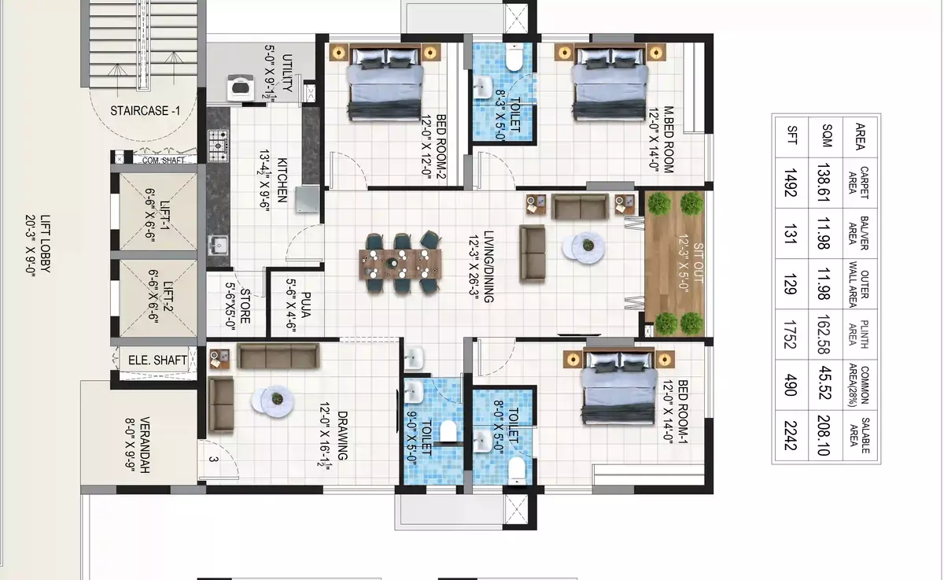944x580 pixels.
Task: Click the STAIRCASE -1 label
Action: click(145, 111)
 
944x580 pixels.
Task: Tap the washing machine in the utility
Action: click(241, 87)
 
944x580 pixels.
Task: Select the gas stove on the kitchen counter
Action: click(219, 146)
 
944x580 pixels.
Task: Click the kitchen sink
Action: click(219, 245)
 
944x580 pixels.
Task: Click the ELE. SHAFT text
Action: click(157, 360)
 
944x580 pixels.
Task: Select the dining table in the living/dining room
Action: click(400, 264)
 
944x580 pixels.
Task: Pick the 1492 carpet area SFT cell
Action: click(791, 183)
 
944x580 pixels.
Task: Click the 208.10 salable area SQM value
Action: click(824, 435)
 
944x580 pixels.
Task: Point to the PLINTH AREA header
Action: click(858, 334)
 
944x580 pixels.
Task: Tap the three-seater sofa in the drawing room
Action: click(278, 356)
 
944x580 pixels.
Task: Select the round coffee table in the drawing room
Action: click(273, 401)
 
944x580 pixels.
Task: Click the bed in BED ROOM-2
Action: click(385, 83)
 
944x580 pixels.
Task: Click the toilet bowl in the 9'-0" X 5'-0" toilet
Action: click(448, 431)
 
